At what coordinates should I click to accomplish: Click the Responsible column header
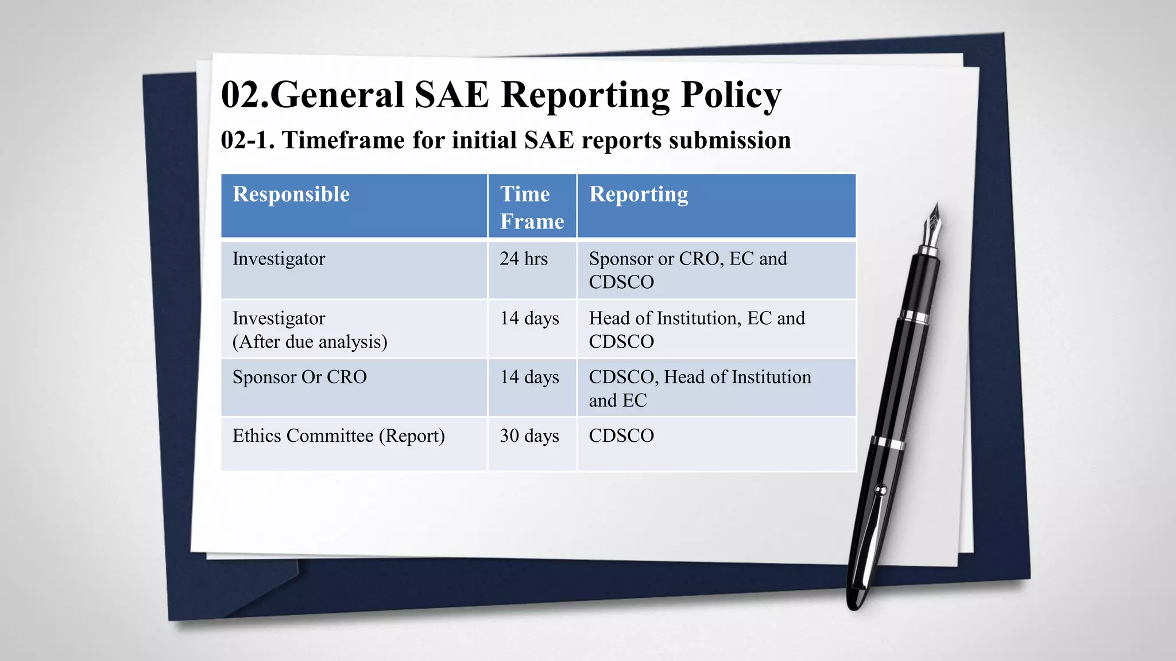point(291,195)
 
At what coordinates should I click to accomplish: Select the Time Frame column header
point(532,207)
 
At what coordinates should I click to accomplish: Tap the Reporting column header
point(639,195)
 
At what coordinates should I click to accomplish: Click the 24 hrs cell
point(524,259)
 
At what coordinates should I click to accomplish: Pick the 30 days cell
point(529,436)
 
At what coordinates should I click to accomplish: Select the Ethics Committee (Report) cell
point(339,436)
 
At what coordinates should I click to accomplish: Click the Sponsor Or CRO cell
point(300,377)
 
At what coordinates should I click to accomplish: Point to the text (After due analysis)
point(310,342)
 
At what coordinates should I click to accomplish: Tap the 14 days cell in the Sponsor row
point(529,377)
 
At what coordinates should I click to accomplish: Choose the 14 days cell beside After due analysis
point(529,318)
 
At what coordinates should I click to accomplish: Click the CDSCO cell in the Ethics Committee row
point(621,436)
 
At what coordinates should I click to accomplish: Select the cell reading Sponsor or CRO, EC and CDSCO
point(688,270)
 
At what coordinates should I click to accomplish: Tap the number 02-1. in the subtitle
point(247,140)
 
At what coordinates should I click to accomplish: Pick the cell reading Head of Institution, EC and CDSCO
point(697,329)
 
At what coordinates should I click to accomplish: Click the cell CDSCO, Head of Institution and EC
point(700,388)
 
